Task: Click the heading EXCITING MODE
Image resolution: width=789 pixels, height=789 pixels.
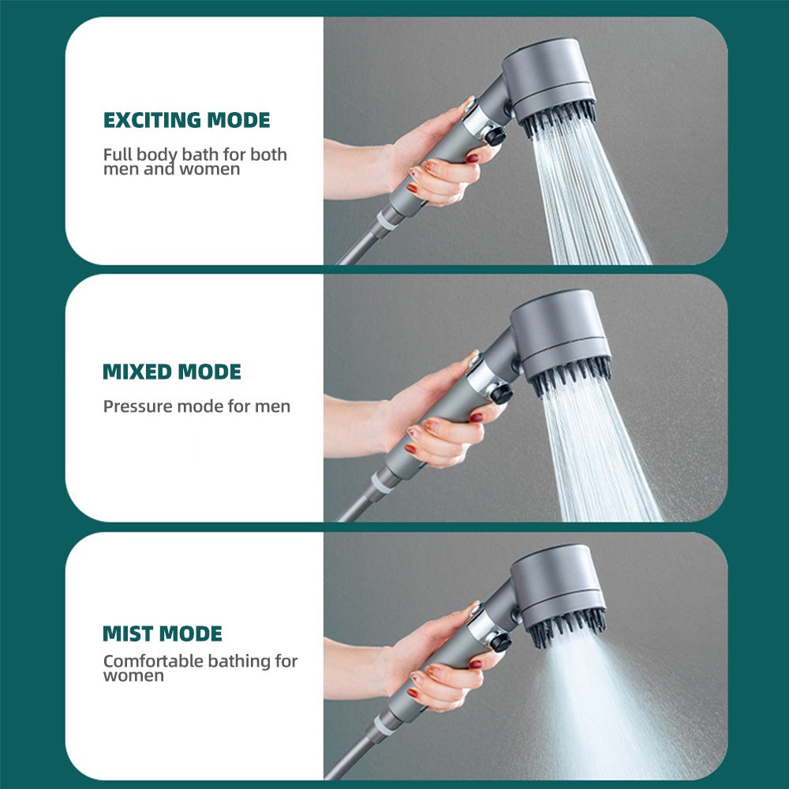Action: (186, 121)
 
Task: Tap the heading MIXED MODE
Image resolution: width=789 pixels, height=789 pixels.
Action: (172, 372)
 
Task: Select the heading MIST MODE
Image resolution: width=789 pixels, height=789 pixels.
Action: (163, 634)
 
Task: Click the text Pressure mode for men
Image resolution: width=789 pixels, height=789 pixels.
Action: (196, 407)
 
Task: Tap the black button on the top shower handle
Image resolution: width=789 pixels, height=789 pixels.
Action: (495, 136)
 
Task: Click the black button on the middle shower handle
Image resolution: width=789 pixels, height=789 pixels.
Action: (500, 393)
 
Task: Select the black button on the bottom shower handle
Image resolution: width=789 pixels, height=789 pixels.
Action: (499, 641)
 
